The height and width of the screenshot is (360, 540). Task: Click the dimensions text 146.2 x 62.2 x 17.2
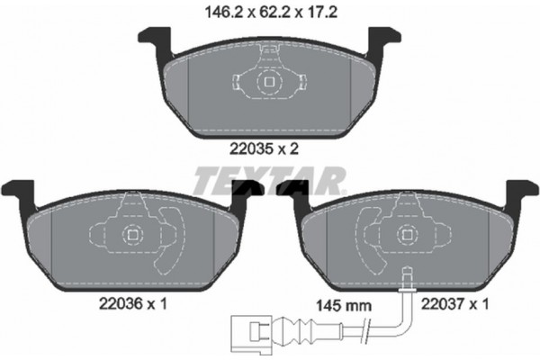coord(269,13)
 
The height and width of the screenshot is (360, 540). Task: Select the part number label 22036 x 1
coord(130,305)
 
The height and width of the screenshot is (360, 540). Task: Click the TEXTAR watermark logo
coord(269,180)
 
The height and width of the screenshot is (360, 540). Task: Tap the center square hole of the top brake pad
coord(268,84)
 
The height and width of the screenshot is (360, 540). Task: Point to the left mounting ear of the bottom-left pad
coord(18,192)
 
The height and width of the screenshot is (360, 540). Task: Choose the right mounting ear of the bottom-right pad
coord(521,191)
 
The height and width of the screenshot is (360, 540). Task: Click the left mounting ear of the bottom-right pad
coord(292,192)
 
